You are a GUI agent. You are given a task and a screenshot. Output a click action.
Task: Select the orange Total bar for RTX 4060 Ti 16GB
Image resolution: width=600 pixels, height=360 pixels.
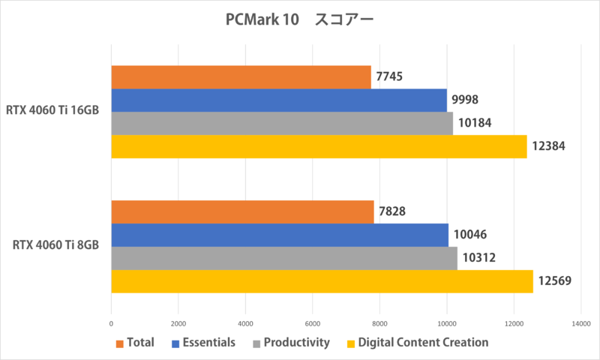click(x=241, y=76)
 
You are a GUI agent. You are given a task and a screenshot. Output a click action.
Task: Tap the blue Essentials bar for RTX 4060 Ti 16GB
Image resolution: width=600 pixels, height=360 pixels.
click(x=279, y=100)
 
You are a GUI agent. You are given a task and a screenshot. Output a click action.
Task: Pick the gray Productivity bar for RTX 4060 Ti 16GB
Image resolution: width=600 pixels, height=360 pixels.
click(x=282, y=123)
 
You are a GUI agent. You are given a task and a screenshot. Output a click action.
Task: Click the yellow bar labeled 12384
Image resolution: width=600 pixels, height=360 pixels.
click(x=319, y=146)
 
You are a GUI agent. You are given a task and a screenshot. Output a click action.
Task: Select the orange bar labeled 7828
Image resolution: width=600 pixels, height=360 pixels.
click(x=242, y=212)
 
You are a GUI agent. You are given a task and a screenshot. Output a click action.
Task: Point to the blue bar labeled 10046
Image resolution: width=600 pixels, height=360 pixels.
click(x=280, y=235)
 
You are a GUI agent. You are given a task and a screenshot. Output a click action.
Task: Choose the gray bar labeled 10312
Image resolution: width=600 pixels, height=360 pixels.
click(x=284, y=258)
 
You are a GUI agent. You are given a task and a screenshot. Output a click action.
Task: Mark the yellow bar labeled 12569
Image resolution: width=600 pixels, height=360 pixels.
click(x=322, y=281)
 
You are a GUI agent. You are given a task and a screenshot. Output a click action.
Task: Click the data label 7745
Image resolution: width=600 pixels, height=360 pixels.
click(x=391, y=76)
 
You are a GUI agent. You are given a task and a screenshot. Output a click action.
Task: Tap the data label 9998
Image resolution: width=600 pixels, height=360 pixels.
click(x=465, y=100)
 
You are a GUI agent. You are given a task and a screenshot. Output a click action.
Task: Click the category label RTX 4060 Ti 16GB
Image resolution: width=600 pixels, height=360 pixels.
click(x=53, y=112)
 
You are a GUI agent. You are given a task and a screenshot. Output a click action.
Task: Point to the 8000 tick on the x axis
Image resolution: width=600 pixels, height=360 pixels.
click(x=379, y=323)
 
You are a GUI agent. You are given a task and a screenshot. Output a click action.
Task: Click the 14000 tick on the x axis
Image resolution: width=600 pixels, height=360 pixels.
click(x=580, y=323)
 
